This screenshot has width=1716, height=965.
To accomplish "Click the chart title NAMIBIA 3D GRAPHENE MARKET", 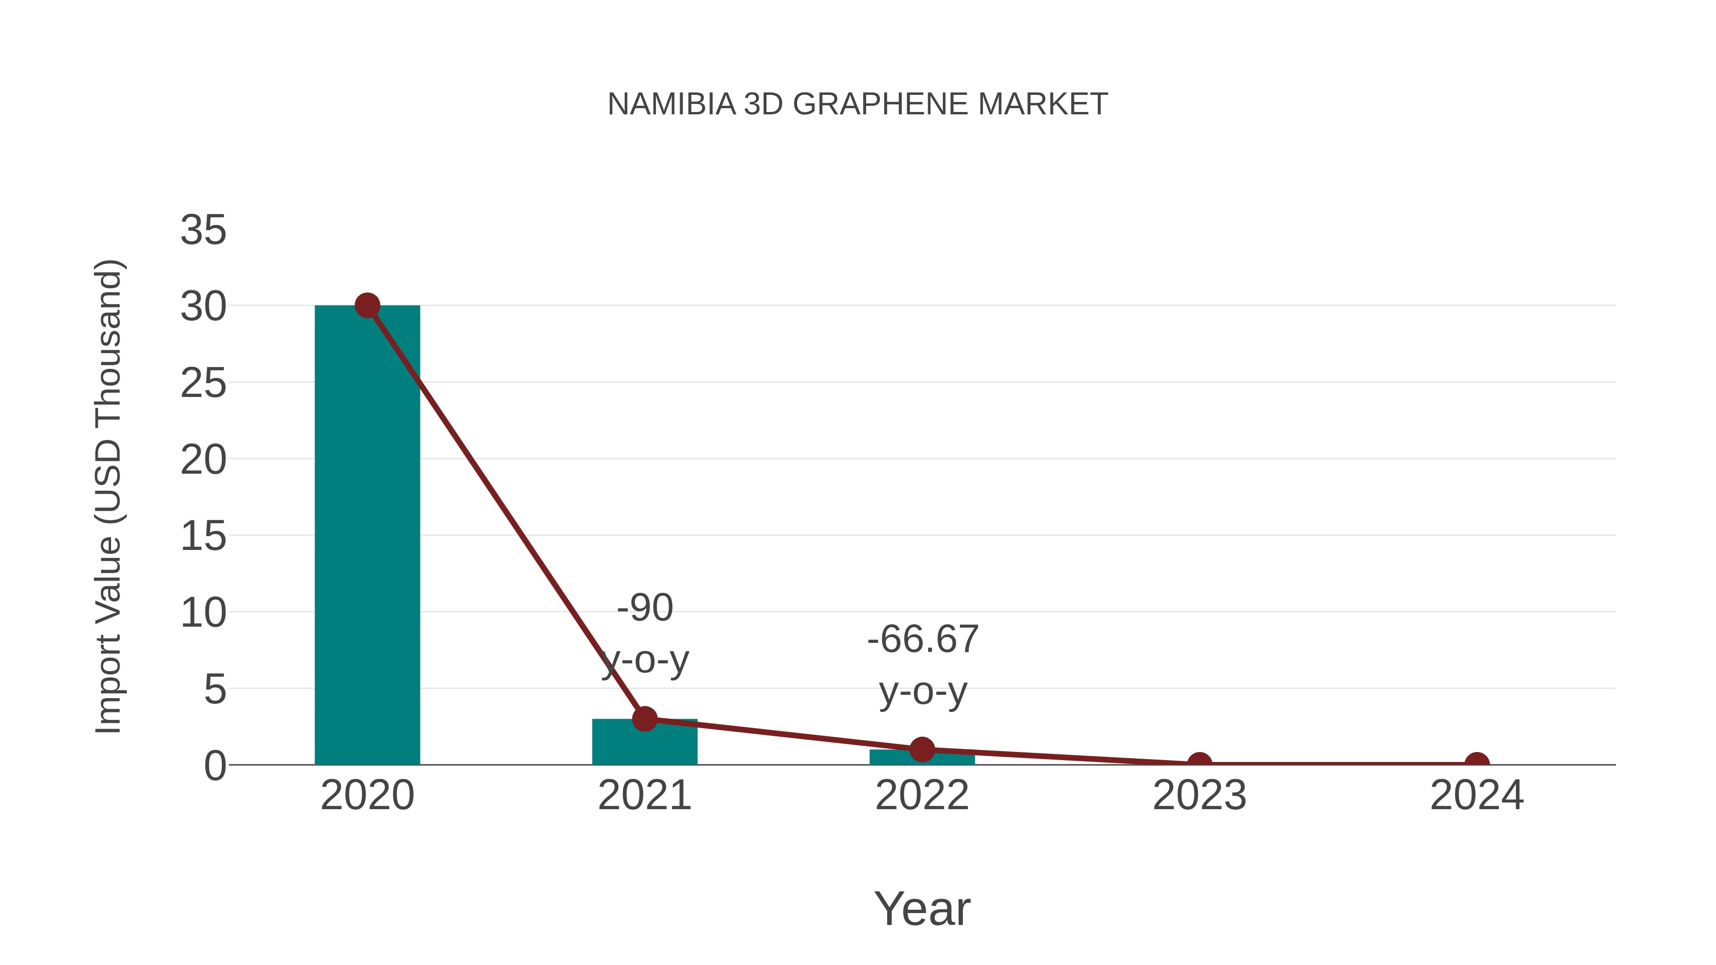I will click(858, 104).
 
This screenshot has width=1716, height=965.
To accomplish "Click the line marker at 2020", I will click(367, 305).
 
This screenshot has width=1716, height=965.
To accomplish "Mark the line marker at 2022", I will click(921, 749).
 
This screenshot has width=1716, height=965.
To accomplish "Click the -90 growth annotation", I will click(645, 608).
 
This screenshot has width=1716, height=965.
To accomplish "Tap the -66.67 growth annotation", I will click(923, 640).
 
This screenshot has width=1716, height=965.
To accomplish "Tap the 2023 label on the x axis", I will click(1199, 795).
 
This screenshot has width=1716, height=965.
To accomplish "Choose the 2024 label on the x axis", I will click(1477, 795).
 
